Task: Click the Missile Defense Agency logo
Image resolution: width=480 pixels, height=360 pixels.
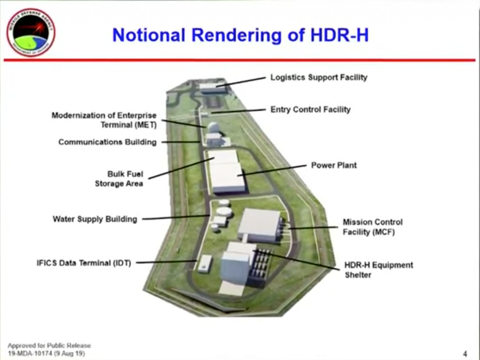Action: [31, 32]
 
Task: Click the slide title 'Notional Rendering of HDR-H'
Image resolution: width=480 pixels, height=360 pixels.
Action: [240, 35]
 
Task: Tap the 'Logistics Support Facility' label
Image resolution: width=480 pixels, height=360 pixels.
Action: [319, 77]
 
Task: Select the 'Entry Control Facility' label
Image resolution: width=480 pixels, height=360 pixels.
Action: [310, 109]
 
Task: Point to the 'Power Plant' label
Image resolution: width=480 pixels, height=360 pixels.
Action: [334, 165]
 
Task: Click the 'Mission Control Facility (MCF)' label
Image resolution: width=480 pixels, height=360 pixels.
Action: [372, 227]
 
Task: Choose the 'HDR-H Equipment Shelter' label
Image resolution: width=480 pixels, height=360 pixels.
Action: [379, 270]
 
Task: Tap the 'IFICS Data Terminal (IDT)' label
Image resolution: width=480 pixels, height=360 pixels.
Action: [84, 263]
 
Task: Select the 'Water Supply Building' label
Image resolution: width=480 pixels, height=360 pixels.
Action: [95, 219]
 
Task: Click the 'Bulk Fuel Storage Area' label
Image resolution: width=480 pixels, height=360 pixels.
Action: [120, 179]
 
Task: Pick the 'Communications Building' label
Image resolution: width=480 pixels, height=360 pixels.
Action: [107, 142]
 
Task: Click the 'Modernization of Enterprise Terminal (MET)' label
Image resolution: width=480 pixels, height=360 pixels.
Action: [104, 120]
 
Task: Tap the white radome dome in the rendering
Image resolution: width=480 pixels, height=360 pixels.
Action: [213, 127]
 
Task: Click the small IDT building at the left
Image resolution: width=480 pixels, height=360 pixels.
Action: [205, 263]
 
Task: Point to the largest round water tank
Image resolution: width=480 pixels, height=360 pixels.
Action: [224, 211]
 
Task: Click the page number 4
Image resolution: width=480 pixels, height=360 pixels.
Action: [465, 353]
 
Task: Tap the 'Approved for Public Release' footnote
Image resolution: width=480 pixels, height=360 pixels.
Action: [49, 345]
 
